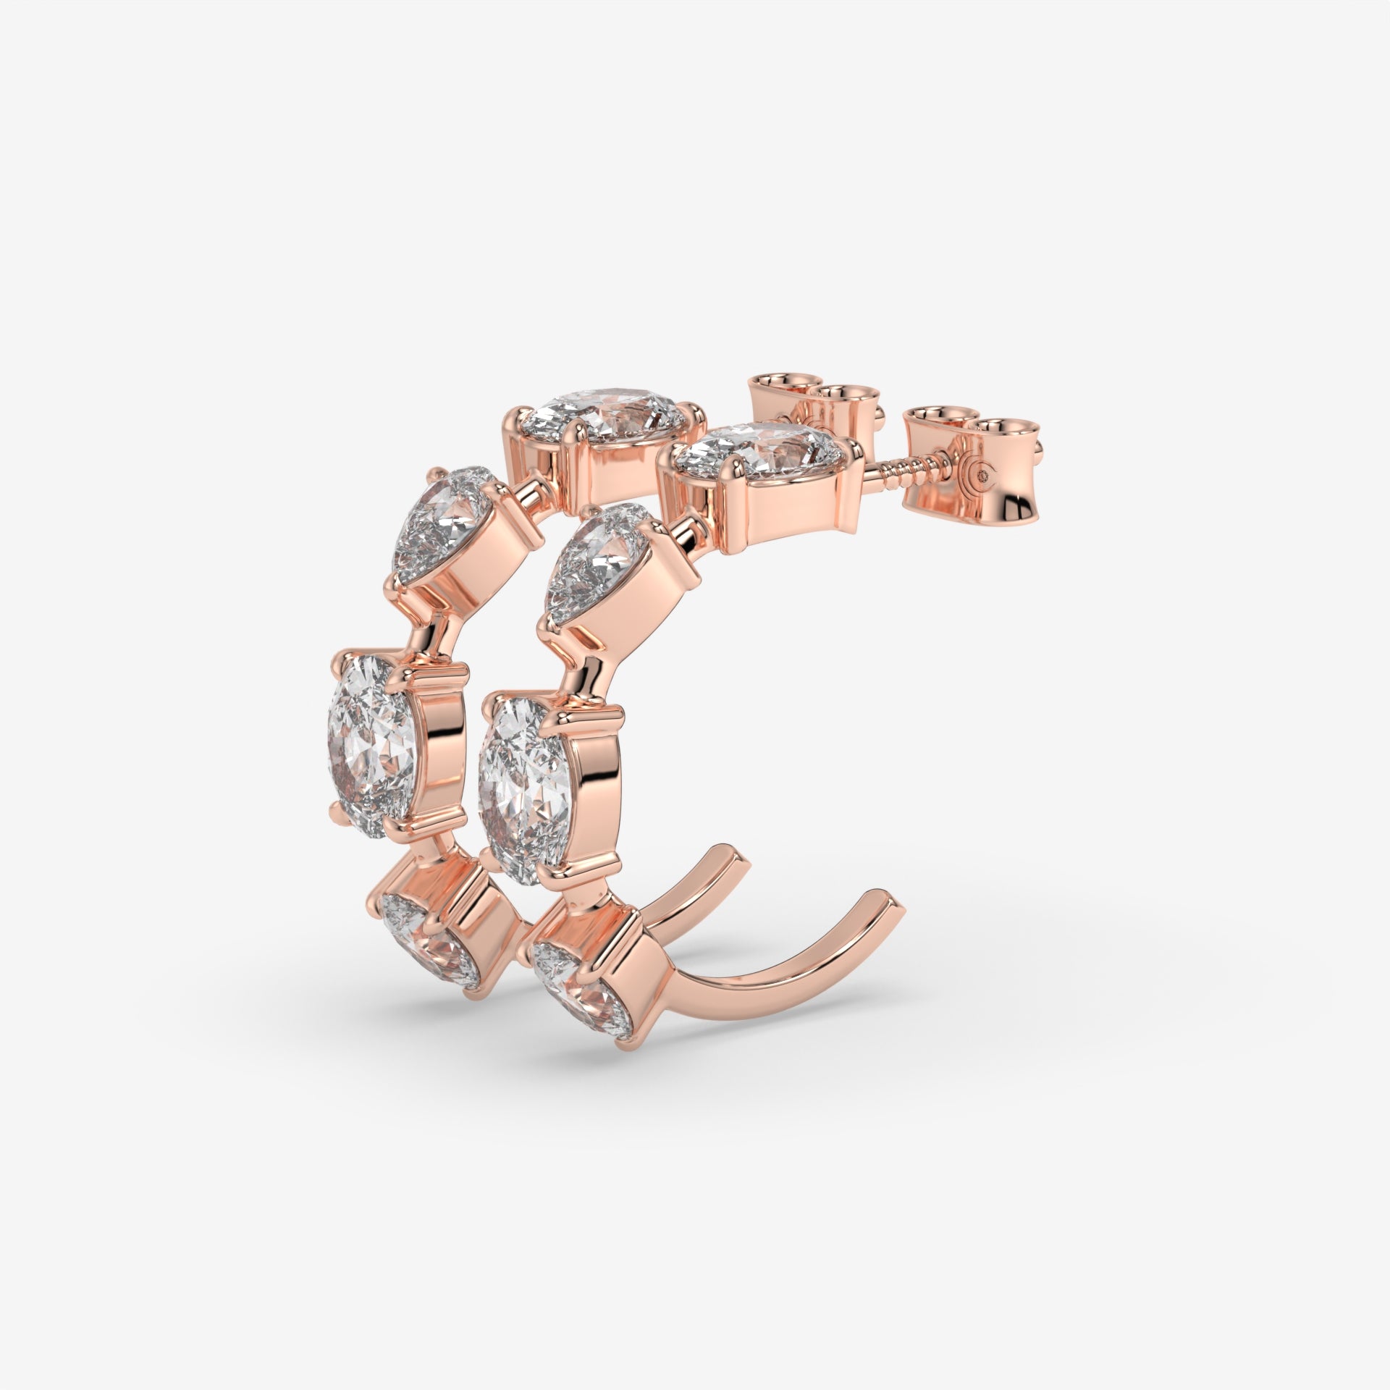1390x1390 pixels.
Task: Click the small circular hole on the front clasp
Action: [982, 476]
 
